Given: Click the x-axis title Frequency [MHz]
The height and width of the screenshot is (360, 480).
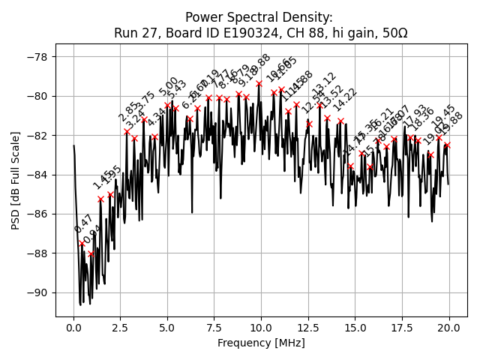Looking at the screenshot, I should coord(261,343).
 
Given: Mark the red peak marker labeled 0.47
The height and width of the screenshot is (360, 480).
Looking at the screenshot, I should coord(82,243).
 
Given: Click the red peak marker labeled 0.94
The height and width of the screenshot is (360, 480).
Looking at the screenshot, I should coord(91,253).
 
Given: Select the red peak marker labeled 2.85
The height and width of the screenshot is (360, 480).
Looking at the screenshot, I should coord(127,131).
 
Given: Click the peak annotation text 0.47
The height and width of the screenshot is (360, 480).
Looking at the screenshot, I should coord(83,223).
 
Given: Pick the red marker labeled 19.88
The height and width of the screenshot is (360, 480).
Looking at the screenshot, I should coord(447,145).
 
